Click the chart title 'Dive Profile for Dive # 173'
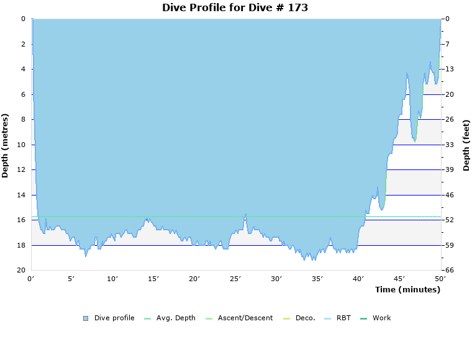pos(235,7)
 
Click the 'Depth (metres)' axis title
pos(6,145)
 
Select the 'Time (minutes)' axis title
pos(407,290)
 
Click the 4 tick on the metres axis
pos(23,69)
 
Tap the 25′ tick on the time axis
pos(235,279)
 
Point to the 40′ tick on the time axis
pos(358,279)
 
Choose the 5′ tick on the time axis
pos(71,279)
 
